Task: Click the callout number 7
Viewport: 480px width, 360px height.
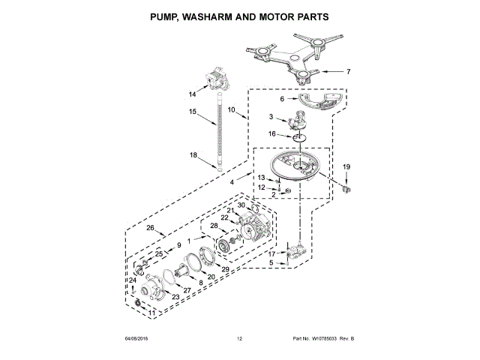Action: [x=348, y=72]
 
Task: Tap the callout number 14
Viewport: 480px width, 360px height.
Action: [x=193, y=94]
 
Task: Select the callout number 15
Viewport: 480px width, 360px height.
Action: [x=193, y=112]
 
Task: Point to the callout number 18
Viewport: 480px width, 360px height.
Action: [x=193, y=155]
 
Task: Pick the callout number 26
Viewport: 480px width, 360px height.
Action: [x=150, y=228]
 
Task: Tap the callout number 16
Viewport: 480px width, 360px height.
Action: [x=273, y=134]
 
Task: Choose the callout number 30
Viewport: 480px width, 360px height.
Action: [x=241, y=205]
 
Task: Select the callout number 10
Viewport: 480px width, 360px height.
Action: [x=232, y=109]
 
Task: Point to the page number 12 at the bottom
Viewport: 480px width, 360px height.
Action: [x=239, y=340]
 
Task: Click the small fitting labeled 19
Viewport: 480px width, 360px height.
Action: [x=346, y=189]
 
